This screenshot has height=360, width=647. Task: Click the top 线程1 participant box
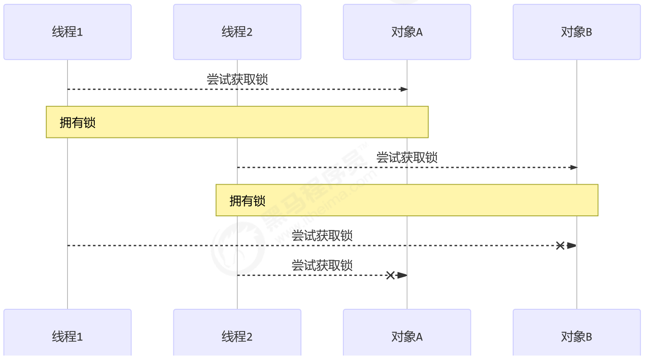click(68, 32)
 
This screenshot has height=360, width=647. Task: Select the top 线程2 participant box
click(237, 32)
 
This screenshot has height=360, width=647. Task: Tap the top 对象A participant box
click(407, 32)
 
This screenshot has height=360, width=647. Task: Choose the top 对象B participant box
click(577, 32)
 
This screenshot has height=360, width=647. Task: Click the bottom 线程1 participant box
click(68, 336)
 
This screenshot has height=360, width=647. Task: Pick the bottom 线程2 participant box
click(237, 336)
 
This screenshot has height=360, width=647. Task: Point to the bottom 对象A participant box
click(407, 336)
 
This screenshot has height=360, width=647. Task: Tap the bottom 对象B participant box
click(577, 336)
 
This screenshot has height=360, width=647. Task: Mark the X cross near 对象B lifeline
click(560, 246)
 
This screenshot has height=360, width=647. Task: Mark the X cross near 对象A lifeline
click(390, 275)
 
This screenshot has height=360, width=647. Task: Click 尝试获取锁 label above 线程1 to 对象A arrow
click(237, 79)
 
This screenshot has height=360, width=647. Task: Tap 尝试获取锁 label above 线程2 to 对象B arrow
click(407, 157)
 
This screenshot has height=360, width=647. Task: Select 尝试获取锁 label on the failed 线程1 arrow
click(322, 235)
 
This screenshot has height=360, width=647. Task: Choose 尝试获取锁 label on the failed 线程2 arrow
click(322, 265)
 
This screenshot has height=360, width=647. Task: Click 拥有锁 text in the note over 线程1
click(78, 123)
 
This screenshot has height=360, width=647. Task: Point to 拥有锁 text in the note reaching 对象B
click(248, 201)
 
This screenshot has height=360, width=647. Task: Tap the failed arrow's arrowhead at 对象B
click(571, 246)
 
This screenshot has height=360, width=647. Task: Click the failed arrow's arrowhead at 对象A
click(402, 275)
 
